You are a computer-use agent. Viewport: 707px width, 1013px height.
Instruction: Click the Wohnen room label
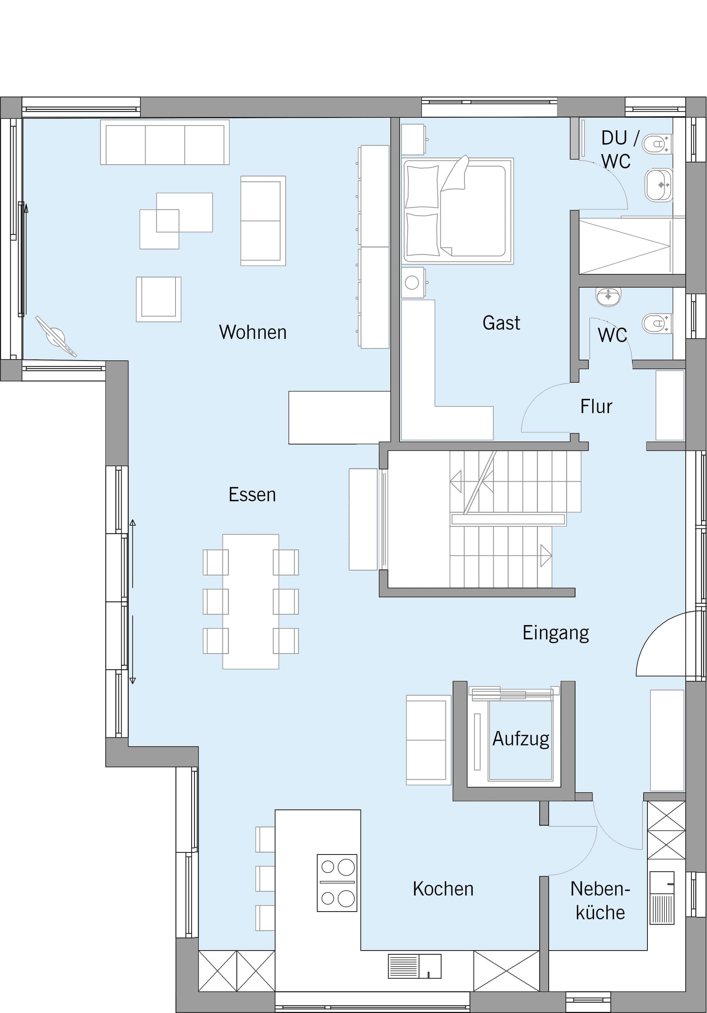coord(253,332)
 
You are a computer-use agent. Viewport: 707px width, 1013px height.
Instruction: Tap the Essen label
coord(252,494)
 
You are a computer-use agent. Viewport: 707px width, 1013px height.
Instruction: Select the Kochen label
coord(443,889)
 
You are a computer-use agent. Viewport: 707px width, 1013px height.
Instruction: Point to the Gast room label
coord(501,323)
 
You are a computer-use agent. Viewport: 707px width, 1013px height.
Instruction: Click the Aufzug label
coord(521,739)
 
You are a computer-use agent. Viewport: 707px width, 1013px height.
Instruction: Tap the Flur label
coord(596,407)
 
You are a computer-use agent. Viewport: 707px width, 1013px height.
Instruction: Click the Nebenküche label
coord(600,900)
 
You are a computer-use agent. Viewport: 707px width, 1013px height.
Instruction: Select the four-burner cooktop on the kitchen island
coord(337,883)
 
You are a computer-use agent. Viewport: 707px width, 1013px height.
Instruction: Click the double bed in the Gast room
coord(458,211)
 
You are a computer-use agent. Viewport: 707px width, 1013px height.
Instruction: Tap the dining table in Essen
coord(250,602)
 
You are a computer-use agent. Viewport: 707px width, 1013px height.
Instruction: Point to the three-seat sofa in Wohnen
coord(165,142)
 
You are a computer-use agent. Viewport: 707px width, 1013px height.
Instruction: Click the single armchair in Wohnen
coord(159,299)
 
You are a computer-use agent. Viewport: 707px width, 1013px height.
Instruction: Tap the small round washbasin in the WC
coord(608,296)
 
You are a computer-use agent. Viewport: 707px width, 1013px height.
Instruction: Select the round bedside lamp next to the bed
coord(412,283)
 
